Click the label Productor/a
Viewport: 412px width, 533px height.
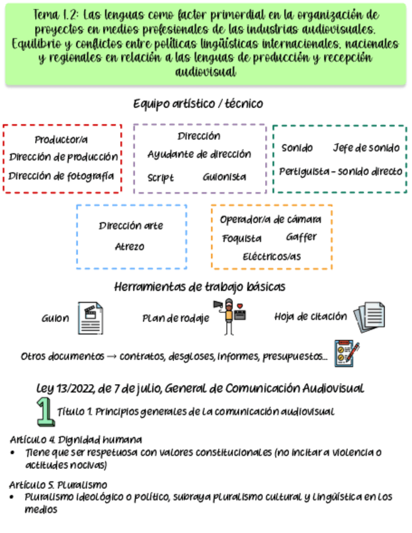point(61,140)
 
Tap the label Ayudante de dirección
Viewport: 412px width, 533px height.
point(199,154)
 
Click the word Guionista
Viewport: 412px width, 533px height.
point(224,177)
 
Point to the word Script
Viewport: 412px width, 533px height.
point(161,178)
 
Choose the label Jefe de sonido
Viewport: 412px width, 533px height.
point(366,148)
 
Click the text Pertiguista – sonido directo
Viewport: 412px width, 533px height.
point(341,171)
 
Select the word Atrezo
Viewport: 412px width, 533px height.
point(129,246)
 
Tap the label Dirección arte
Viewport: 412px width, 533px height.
point(131,226)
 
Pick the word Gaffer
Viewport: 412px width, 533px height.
point(301,237)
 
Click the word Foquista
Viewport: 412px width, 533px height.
point(242,239)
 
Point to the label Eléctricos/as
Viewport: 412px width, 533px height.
point(272,256)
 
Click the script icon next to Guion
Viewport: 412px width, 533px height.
point(90,318)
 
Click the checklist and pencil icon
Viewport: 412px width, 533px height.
point(347,354)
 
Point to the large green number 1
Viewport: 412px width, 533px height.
point(45,412)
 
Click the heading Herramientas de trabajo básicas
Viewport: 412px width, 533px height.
point(200,287)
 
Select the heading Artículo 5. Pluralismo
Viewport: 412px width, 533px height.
point(58,485)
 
